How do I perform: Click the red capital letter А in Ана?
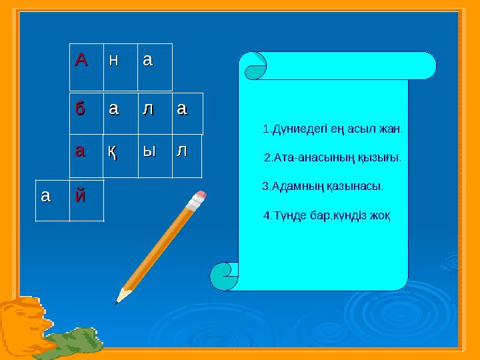81,61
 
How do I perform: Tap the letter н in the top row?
114,61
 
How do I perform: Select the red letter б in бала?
81,109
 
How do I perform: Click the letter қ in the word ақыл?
114,153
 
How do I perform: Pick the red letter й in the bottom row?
81,197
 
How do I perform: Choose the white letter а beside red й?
45,197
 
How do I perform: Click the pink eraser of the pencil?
199,198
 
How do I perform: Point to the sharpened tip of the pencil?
118,301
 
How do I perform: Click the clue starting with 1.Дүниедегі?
333,128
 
